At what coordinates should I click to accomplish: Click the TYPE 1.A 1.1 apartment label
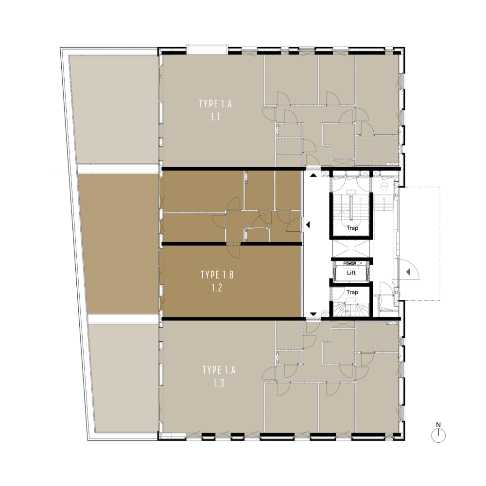pyautogui.click(x=215, y=110)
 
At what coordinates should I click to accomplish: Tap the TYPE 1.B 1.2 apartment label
pyautogui.click(x=217, y=281)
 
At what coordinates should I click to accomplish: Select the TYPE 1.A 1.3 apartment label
pyautogui.click(x=219, y=376)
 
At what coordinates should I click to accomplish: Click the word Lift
pyautogui.click(x=351, y=273)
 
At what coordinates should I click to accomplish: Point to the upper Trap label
pyautogui.click(x=352, y=228)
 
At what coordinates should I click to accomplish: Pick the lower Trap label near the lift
pyautogui.click(x=352, y=292)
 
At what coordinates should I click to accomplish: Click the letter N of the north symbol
pyautogui.click(x=438, y=425)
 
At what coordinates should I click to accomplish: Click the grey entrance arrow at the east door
pyautogui.click(x=408, y=272)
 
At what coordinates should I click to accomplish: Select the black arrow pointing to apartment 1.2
pyautogui.click(x=308, y=225)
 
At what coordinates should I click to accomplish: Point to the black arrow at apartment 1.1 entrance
pyautogui.click(x=313, y=175)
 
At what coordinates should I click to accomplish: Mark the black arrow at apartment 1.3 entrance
pyautogui.click(x=313, y=314)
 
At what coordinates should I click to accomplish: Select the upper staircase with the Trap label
pyautogui.click(x=351, y=214)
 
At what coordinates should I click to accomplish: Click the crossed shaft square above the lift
pyautogui.click(x=351, y=248)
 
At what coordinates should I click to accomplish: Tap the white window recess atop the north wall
pyautogui.click(x=206, y=49)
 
